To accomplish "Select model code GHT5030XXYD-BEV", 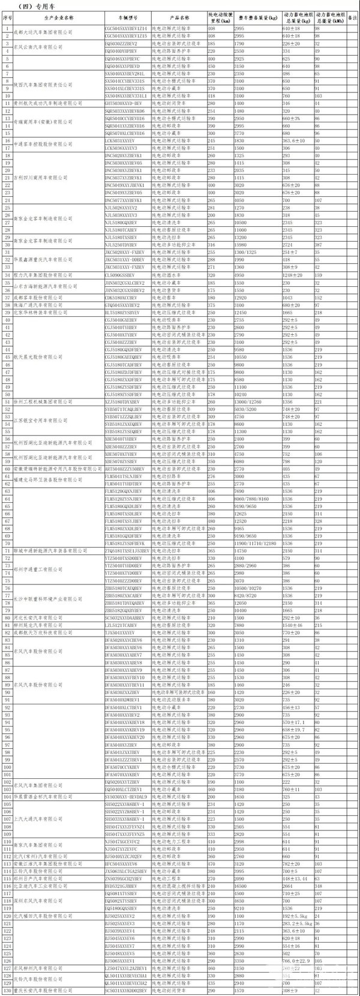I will coord(123,103).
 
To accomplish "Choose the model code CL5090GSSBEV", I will coord(120,274).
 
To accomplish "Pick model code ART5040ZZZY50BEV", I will coord(125,468).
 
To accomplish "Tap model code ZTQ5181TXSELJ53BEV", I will coord(128,550).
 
